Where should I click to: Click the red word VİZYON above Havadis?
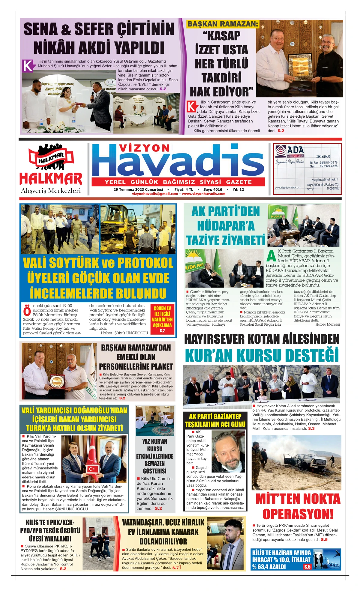(144, 148)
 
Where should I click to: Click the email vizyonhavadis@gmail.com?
(155, 194)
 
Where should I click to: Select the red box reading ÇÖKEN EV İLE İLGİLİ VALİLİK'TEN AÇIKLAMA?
(162, 320)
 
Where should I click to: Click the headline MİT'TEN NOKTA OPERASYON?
(298, 506)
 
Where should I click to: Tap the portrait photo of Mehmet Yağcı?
(228, 451)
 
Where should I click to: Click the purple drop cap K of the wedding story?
(28, 66)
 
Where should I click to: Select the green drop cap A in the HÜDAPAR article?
(271, 256)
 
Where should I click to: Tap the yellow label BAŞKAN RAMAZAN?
(223, 24)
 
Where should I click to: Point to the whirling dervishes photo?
(154, 421)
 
